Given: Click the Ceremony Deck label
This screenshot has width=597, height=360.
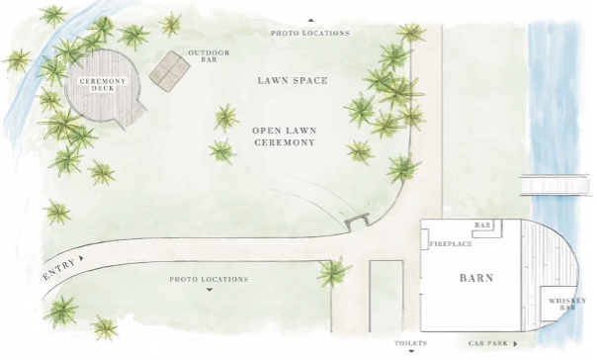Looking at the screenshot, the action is (x=103, y=85).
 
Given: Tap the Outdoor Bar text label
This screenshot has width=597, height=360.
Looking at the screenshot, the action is (x=209, y=56).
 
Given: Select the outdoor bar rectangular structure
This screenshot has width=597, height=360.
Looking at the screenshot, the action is (x=169, y=71).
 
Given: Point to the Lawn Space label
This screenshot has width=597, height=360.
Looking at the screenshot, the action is (x=293, y=81).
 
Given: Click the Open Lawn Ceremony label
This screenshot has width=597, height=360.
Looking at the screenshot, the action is (x=285, y=136).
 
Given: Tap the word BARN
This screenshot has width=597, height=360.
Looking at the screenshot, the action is (x=476, y=278).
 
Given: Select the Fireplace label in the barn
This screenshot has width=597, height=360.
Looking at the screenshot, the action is (x=451, y=244).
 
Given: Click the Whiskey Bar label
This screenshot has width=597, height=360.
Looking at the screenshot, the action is (x=567, y=304).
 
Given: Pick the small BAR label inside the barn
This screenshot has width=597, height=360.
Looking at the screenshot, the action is (x=482, y=225).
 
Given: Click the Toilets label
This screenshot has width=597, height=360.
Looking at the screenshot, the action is (x=411, y=343).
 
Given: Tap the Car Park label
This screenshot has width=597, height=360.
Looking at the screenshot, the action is (x=488, y=343).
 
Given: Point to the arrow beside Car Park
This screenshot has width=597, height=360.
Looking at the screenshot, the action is (x=515, y=343).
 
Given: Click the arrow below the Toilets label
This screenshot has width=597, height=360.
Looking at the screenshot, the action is (x=411, y=351).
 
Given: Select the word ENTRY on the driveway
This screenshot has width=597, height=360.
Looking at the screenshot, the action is (x=58, y=269).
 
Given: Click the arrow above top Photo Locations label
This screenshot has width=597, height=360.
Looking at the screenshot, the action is (x=310, y=20).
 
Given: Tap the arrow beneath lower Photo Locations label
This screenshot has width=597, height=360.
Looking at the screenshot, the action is (x=209, y=290).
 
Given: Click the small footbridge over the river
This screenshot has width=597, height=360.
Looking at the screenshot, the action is (x=554, y=185).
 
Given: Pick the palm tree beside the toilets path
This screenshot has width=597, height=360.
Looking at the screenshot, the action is (x=333, y=272).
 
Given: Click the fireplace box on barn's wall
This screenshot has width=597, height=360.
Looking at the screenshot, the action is (x=425, y=239).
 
